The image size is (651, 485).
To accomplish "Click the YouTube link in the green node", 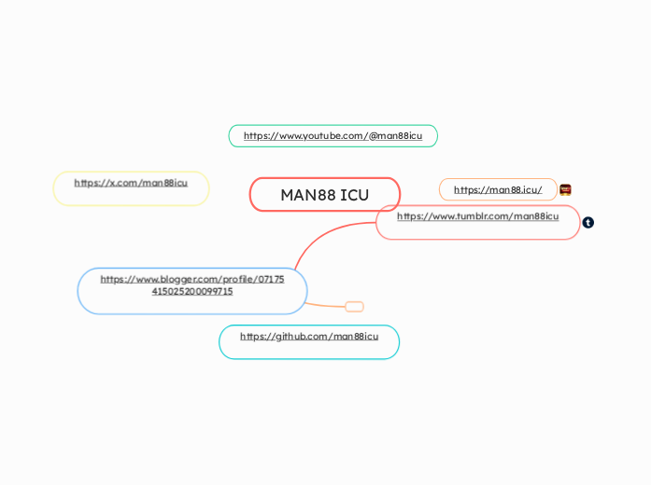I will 333,136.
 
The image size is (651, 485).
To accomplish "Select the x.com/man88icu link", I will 131,183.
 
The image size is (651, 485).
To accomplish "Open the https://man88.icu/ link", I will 498,190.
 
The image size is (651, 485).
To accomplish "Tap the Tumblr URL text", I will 477,216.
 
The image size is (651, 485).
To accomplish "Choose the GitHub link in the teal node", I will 309,337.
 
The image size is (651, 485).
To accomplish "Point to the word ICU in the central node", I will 354,195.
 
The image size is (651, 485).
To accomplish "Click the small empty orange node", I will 354,307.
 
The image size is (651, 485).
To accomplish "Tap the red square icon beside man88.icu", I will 565,189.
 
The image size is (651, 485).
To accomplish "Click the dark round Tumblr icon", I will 588,223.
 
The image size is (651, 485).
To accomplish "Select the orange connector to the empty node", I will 326,305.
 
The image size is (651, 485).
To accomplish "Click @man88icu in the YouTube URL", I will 395,136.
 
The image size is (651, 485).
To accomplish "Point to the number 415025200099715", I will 192,291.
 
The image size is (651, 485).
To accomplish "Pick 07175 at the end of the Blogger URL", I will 270,279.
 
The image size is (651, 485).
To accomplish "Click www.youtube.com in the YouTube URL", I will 318,136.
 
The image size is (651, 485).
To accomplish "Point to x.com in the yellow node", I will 120,183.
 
